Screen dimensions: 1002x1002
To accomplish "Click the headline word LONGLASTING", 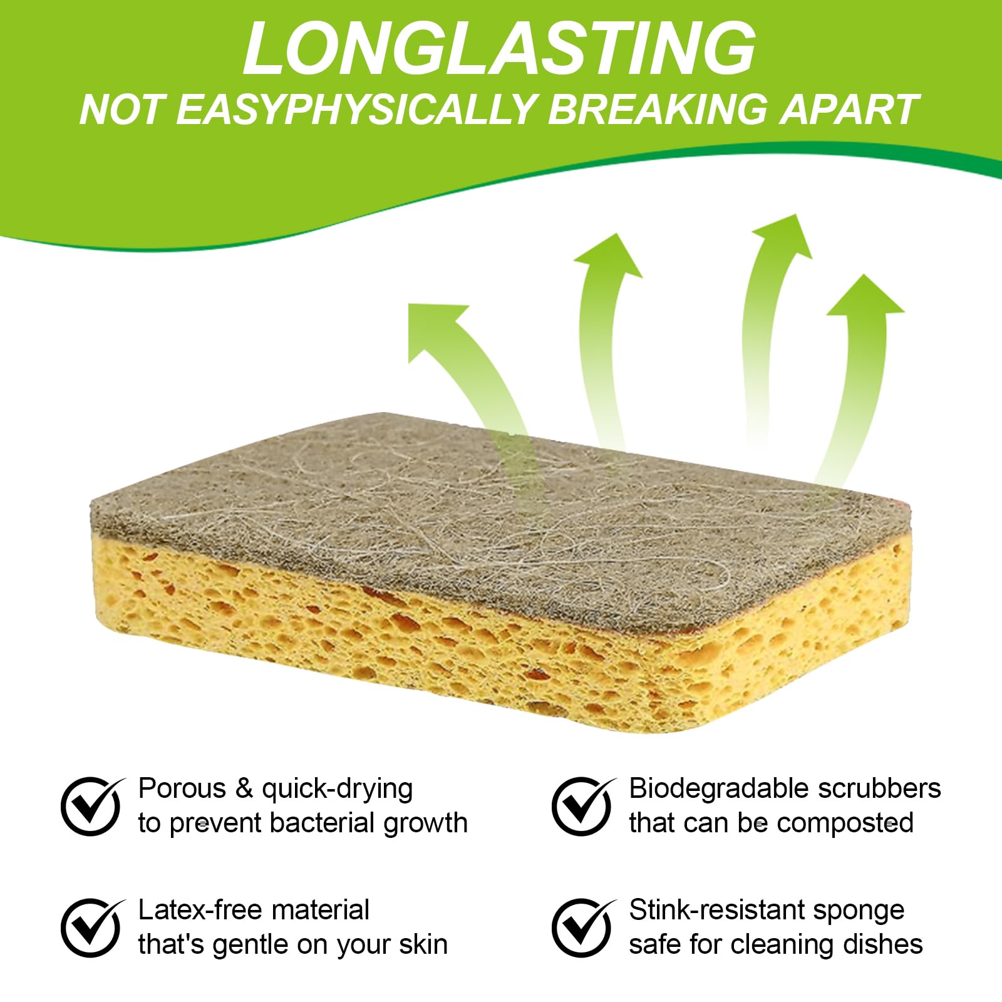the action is (x=499, y=49).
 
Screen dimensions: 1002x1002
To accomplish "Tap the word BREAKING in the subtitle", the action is (x=658, y=110).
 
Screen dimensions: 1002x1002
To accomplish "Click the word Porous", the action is (x=182, y=789).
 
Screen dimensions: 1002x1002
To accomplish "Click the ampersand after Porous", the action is (x=244, y=789).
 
